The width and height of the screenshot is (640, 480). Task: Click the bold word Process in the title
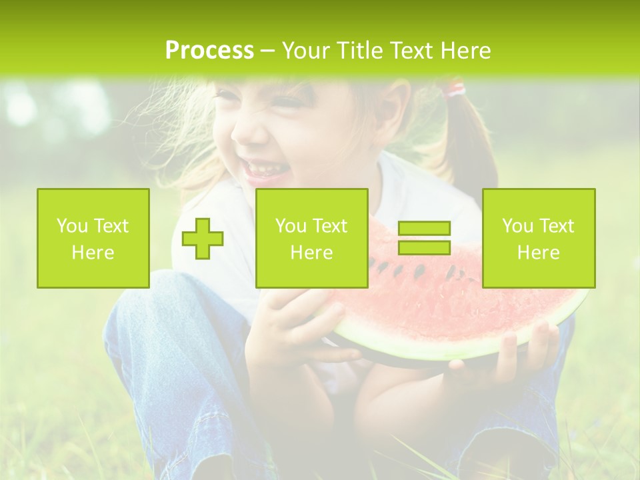click(209, 51)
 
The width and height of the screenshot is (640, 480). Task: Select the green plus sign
click(203, 239)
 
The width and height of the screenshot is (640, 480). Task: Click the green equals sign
click(424, 238)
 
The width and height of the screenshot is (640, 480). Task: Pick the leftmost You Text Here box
click(93, 238)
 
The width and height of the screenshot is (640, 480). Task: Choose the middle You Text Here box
click(311, 238)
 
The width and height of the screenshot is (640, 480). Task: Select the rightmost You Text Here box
click(539, 238)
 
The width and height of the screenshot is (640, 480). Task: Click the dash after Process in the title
click(267, 51)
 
